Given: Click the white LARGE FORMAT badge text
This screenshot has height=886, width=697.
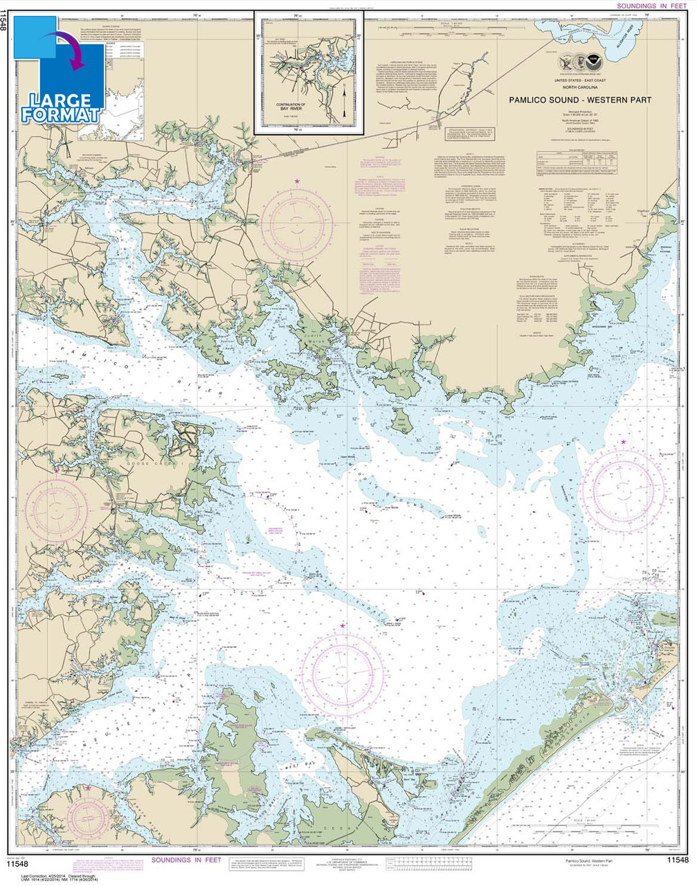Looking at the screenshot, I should (x=60, y=107).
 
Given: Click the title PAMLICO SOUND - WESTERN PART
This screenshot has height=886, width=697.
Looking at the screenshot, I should (x=580, y=100).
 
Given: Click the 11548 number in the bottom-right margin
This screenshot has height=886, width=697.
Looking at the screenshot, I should (x=677, y=860).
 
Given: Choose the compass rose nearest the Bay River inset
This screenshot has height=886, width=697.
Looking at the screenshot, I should (x=300, y=223).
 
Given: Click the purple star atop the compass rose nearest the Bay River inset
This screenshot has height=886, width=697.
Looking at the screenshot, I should (x=298, y=181).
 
